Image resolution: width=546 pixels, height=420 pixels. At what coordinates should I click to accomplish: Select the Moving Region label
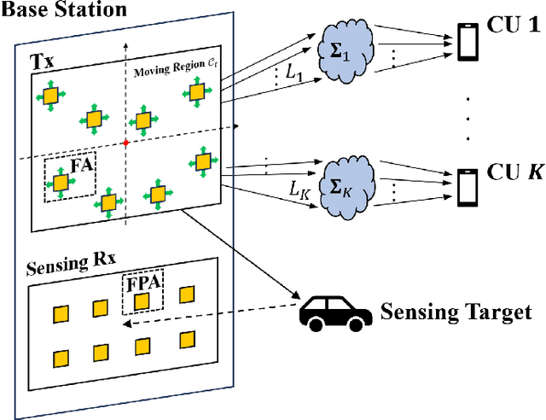pyautogui.click(x=167, y=70)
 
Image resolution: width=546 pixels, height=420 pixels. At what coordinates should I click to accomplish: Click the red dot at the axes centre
pyautogui.click(x=126, y=142)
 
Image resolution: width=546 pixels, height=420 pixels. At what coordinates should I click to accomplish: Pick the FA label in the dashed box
pyautogui.click(x=81, y=166)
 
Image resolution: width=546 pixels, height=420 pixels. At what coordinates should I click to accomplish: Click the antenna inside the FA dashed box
pyautogui.click(x=61, y=181)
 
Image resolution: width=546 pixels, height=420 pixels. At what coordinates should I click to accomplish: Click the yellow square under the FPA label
pyautogui.click(x=142, y=300)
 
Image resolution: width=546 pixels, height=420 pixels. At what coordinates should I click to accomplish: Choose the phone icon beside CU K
pyautogui.click(x=466, y=184)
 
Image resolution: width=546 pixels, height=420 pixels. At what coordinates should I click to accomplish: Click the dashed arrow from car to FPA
pyautogui.click(x=222, y=308)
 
